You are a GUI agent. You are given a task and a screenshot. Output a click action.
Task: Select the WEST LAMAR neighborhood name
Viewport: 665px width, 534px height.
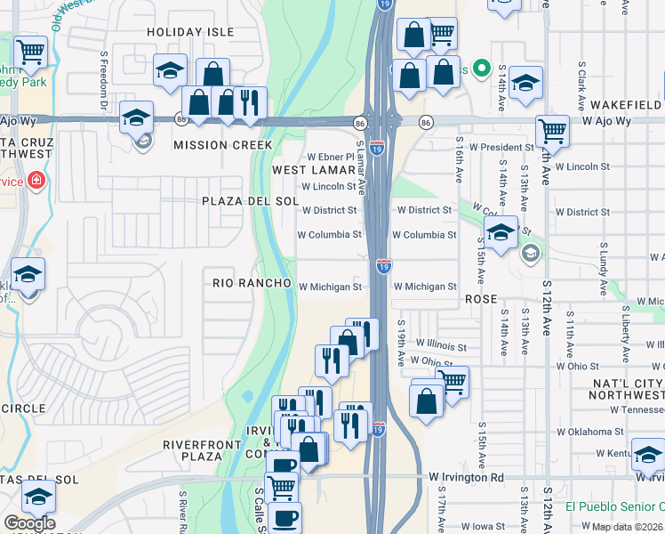click(x=313, y=169)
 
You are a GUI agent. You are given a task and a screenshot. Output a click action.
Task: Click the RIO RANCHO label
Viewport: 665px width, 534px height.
click(x=252, y=283)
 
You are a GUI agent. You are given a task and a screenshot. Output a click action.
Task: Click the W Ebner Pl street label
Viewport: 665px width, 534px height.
click(x=331, y=157)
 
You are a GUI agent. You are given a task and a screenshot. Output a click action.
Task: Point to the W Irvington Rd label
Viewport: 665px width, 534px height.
click(x=466, y=478)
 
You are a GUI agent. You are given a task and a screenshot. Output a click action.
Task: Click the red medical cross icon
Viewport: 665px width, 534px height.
click(x=36, y=182)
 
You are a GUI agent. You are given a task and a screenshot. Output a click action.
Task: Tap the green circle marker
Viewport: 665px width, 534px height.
click(x=483, y=68)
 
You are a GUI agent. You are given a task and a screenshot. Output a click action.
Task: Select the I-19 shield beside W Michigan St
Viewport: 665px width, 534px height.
click(x=383, y=265)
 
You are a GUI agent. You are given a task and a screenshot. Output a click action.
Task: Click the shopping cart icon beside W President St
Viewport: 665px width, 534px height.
click(x=552, y=132)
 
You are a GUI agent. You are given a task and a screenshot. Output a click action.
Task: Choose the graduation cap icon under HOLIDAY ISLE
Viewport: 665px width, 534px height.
click(x=169, y=70)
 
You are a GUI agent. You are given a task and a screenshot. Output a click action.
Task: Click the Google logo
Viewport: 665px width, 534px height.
click(x=29, y=523)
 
